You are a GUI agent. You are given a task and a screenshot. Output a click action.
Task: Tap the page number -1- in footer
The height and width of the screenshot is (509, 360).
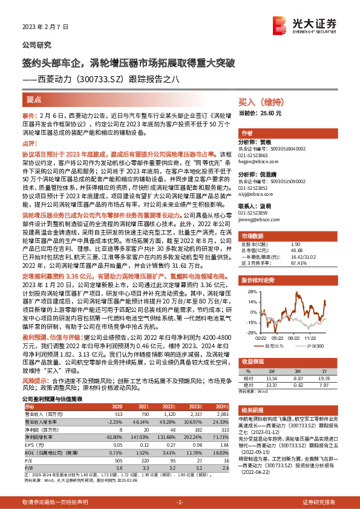pyautogui.click(x=180, y=502)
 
